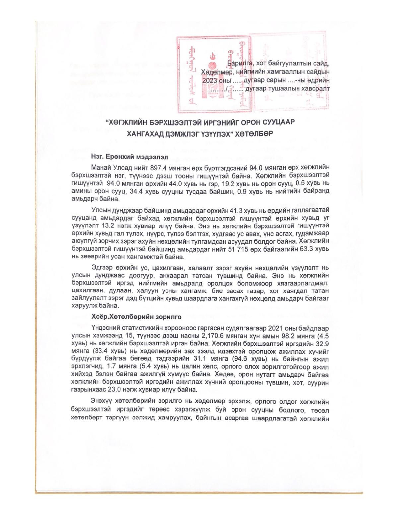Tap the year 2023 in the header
(x=209, y=81)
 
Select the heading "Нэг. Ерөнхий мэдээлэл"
(x=129, y=156)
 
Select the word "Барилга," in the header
(x=239, y=63)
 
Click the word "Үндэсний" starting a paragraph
(x=103, y=328)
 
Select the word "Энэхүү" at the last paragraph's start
(x=101, y=402)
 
